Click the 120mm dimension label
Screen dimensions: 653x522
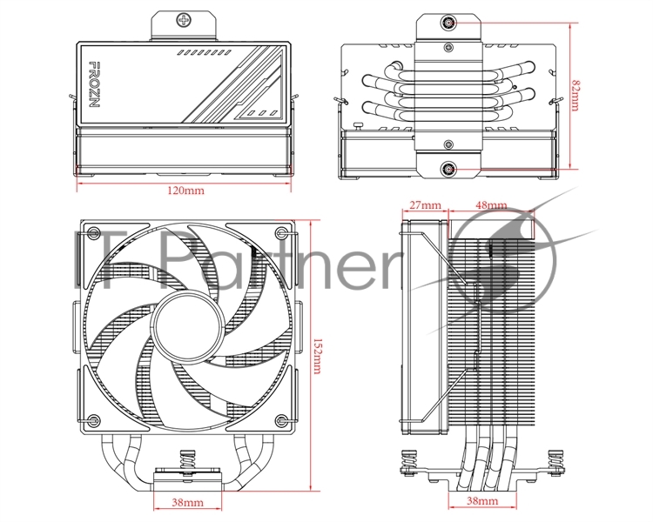click(185, 191)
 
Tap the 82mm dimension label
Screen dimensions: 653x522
click(575, 96)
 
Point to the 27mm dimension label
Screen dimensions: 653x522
click(425, 204)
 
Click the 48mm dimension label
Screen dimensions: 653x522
click(491, 204)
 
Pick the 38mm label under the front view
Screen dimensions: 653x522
click(188, 503)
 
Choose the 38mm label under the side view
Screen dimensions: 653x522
click(482, 500)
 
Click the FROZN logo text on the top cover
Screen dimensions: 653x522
click(95, 84)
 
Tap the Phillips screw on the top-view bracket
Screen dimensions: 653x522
click(183, 19)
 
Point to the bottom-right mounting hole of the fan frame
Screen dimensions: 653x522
click(281, 419)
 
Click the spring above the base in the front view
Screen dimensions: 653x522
click(188, 461)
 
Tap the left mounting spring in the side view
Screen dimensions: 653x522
click(411, 460)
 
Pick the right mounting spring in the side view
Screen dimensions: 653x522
click(555, 460)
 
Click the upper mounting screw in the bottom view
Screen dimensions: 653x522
click(448, 23)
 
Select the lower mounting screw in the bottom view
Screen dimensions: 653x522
click(448, 169)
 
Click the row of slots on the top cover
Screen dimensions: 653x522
click(204, 53)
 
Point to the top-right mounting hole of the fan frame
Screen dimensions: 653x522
click(281, 232)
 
